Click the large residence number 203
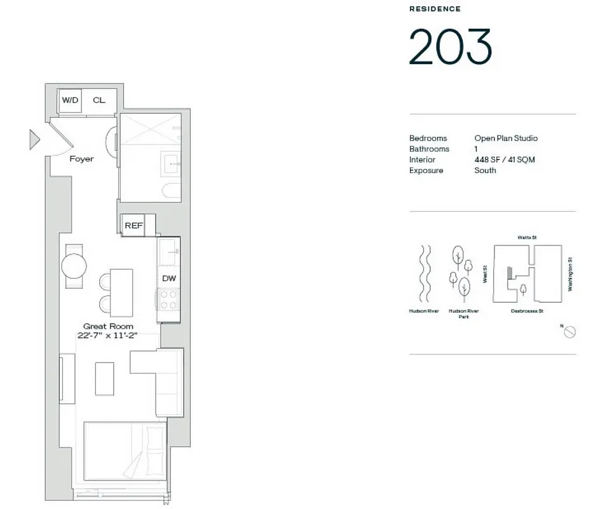[450, 47]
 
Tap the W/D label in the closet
[69, 100]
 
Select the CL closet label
[99, 100]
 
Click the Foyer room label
[81, 158]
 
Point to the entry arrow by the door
[34, 139]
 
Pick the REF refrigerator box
[133, 225]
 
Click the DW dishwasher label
[169, 278]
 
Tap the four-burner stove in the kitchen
[169, 300]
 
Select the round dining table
[74, 266]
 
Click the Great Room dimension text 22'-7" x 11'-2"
[108, 337]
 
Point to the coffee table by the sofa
[105, 378]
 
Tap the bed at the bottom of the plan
[125, 452]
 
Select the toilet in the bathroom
[170, 190]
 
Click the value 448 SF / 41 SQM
[505, 160]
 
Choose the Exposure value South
[485, 171]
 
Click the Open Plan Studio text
[506, 138]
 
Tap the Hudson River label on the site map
[424, 311]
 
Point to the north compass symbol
[570, 331]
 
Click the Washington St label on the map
[570, 274]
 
